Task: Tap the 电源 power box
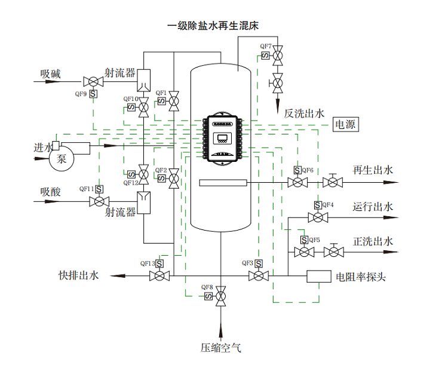click(345, 125)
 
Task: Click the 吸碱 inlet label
click(51, 74)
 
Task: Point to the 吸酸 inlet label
click(51, 192)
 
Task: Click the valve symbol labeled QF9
click(93, 81)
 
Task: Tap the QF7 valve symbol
click(278, 57)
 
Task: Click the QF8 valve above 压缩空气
click(221, 295)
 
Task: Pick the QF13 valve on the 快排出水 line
click(159, 275)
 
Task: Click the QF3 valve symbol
click(259, 275)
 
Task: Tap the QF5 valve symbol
click(305, 252)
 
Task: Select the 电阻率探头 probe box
click(318, 276)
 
